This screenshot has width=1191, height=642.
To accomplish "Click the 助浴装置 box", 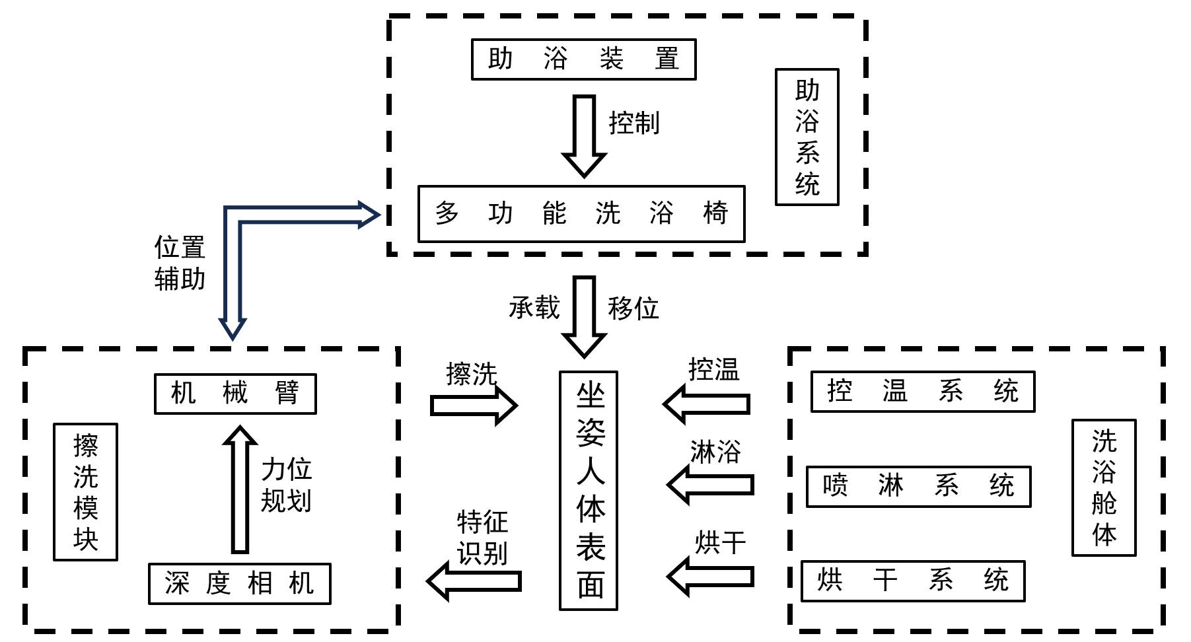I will (x=583, y=59).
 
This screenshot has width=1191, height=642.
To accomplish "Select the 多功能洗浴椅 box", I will (x=581, y=214).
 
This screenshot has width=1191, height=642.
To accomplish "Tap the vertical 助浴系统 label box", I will (x=807, y=137).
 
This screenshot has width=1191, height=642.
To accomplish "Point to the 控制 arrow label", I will (x=633, y=124).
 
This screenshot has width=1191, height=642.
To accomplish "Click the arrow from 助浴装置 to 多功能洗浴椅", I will (x=584, y=135).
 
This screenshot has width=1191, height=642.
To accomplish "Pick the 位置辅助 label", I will (x=180, y=263).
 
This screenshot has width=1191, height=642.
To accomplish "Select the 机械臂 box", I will (x=235, y=394).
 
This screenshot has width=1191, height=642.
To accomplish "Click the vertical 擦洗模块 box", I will (x=85, y=492).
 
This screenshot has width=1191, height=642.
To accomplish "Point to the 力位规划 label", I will (x=286, y=485).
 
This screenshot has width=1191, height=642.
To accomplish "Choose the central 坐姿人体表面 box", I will (x=589, y=490).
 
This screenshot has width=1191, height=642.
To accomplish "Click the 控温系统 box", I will (x=922, y=392).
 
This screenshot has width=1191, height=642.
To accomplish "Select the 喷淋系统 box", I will (x=918, y=487).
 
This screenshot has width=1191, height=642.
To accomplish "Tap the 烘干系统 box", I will (x=913, y=581).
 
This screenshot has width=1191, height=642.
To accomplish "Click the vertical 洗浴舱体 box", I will (x=1103, y=487).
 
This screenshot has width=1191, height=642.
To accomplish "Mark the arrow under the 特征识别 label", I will (x=474, y=581).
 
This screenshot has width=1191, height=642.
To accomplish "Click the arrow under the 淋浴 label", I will (x=711, y=485).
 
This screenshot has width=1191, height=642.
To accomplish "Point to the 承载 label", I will (x=534, y=308).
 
